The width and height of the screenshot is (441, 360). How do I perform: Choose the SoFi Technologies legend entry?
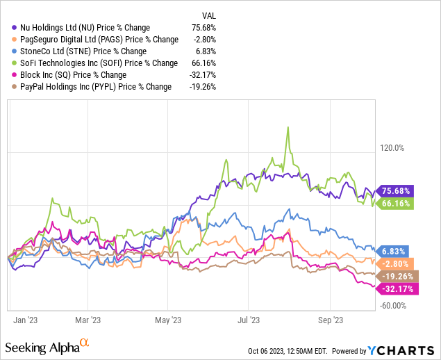[98, 63]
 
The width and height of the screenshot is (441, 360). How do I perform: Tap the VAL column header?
[208, 15]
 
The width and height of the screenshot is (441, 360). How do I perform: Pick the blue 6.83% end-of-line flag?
[394, 250]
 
